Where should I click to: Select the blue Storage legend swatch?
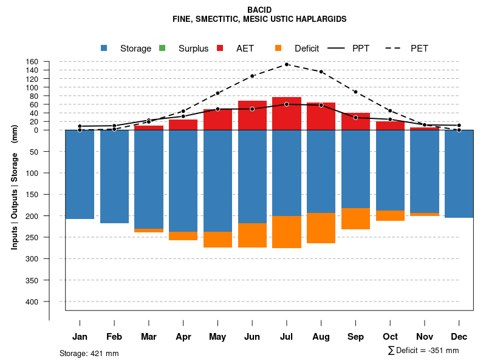point(104,49)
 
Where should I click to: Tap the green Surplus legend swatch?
point(162,49)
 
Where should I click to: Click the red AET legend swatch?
point(220,49)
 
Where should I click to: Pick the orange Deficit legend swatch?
point(278,49)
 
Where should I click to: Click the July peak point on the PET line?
point(287,64)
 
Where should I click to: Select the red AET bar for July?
point(287,113)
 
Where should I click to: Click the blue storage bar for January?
point(80,175)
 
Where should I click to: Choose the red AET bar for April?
point(183,125)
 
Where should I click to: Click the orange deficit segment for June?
point(252,235)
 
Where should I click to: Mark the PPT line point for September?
point(355,118)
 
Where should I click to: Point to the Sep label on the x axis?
point(355,337)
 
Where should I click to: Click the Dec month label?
point(459,337)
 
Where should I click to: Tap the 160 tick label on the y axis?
point(32,62)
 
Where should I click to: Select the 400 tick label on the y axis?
point(32,302)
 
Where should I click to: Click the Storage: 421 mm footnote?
point(89,353)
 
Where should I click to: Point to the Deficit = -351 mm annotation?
point(423,351)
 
